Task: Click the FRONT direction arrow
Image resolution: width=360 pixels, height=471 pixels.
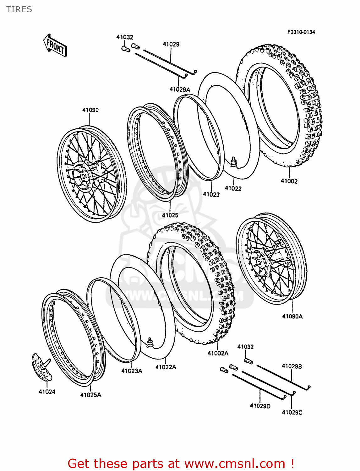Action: click(x=55, y=46)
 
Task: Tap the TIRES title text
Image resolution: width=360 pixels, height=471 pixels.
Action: click(x=19, y=9)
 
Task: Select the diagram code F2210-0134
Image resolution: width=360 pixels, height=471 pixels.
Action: click(x=301, y=32)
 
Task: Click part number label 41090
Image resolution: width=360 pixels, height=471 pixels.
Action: click(x=90, y=110)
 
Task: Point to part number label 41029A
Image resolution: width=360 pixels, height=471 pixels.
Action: click(x=180, y=89)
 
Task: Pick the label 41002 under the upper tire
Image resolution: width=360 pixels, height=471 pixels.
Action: click(x=289, y=181)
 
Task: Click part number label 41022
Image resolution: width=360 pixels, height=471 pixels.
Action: click(x=233, y=188)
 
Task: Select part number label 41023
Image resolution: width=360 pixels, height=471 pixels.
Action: click(x=211, y=194)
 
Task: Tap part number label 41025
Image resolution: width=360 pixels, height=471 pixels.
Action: click(x=170, y=215)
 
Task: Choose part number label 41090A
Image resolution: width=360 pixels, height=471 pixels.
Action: click(x=292, y=316)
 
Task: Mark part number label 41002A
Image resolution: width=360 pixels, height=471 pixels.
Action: click(x=218, y=353)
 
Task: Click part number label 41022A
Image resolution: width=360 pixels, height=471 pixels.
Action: click(x=166, y=367)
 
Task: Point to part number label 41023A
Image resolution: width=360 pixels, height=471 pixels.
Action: click(x=132, y=371)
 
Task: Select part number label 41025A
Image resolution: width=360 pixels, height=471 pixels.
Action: click(x=91, y=395)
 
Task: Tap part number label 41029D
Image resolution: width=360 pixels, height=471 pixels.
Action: click(x=260, y=406)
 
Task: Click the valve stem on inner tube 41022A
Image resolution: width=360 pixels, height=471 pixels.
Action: click(x=150, y=342)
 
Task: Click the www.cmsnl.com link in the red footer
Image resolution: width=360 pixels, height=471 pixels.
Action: click(x=234, y=463)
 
